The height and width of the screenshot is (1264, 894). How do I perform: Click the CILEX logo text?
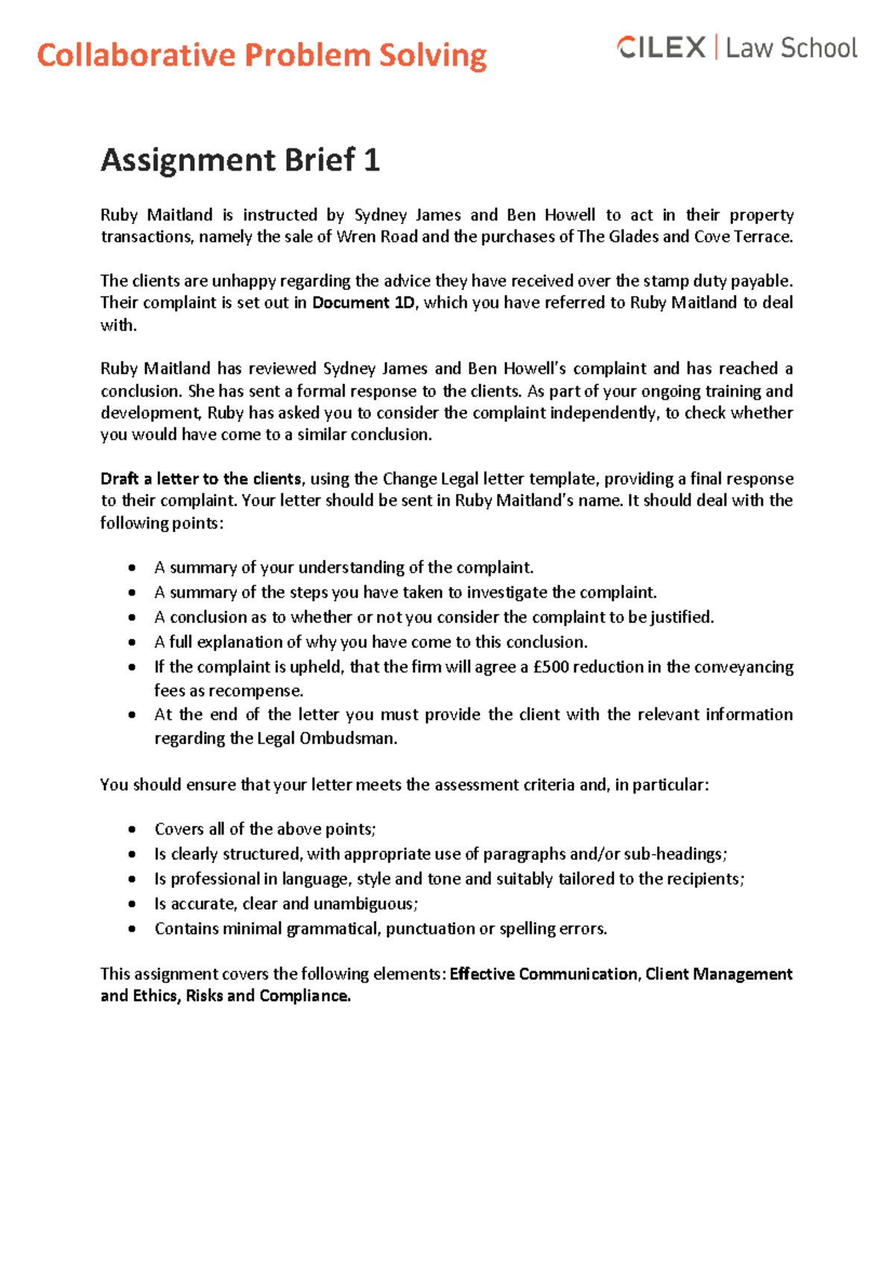pyautogui.click(x=662, y=48)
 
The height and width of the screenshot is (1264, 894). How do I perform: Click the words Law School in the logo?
pyautogui.click(x=791, y=48)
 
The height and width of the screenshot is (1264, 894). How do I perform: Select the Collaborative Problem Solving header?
pyautogui.click(x=261, y=56)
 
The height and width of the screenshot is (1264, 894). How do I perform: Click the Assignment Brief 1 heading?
pyautogui.click(x=240, y=160)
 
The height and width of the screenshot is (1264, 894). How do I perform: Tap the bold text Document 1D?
pyautogui.click(x=363, y=303)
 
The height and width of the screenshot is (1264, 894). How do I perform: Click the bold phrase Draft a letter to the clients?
pyautogui.click(x=201, y=478)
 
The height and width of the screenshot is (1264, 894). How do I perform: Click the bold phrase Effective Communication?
pyautogui.click(x=543, y=974)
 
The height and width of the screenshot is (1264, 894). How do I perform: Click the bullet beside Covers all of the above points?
pyautogui.click(x=132, y=829)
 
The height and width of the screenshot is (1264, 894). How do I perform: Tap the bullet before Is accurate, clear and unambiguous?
pyautogui.click(x=132, y=904)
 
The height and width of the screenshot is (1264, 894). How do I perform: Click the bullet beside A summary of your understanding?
pyautogui.click(x=132, y=568)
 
